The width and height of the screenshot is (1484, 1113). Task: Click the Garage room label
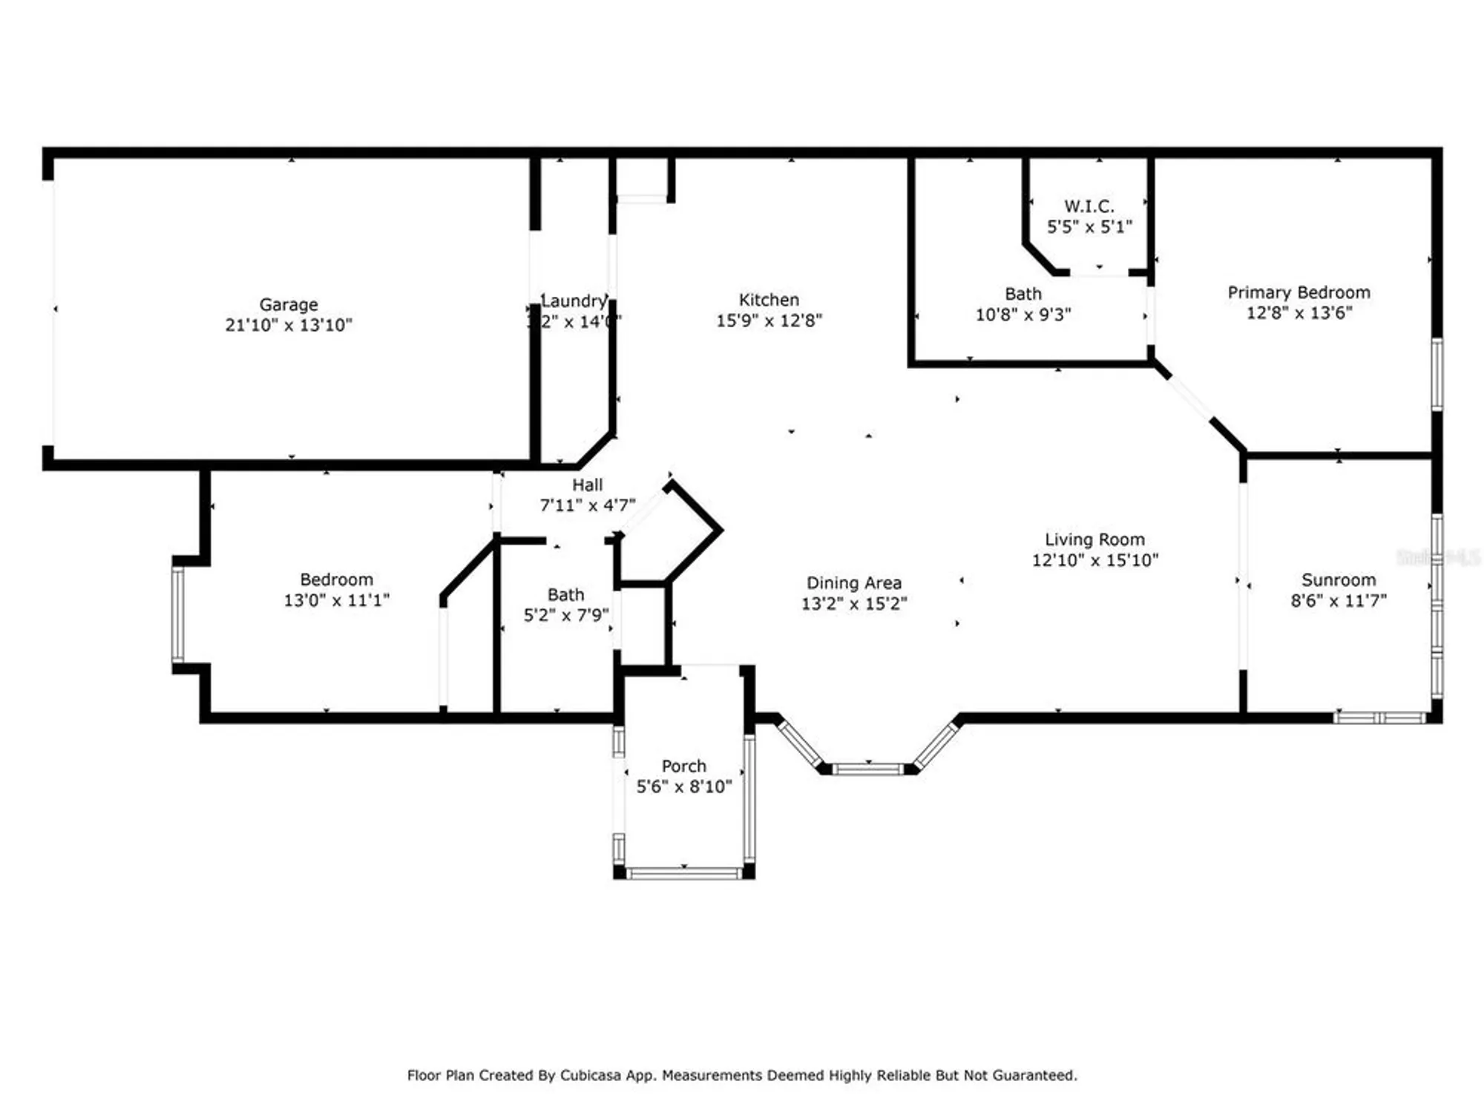(288, 304)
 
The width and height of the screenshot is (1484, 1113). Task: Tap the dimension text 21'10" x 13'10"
(289, 325)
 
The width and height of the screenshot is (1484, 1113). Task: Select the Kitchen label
(769, 300)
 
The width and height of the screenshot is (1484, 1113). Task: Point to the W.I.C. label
(1089, 206)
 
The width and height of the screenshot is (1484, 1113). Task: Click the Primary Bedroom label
(1298, 292)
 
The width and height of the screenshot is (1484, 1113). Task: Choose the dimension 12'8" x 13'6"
(1298, 313)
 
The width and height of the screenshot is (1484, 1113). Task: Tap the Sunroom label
(1339, 580)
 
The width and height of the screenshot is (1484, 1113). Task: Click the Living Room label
(1094, 539)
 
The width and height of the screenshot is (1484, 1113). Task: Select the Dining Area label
(854, 583)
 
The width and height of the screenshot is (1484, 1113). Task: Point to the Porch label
(683, 766)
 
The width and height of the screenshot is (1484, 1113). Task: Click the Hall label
(587, 485)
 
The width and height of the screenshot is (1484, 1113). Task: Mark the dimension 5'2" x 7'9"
(565, 615)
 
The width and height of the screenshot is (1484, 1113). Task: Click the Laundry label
(574, 301)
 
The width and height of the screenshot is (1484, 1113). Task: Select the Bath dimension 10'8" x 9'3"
(1022, 315)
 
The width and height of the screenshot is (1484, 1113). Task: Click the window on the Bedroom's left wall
(178, 614)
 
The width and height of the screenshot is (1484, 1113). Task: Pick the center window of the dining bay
(867, 769)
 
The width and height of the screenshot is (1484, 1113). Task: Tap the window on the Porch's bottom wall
(683, 873)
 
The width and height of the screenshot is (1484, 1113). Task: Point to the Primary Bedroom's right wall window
(1437, 374)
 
